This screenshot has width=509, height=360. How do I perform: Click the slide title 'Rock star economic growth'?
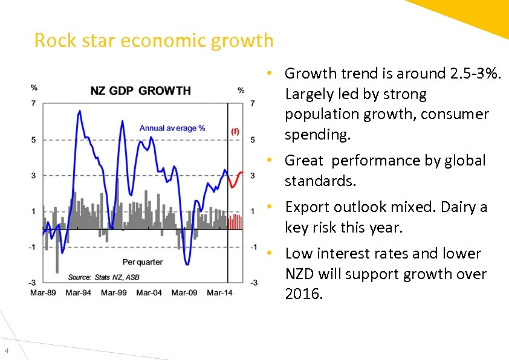[154, 40]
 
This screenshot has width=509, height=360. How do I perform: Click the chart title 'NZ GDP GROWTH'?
[140, 91]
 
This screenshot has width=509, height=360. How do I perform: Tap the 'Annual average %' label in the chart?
[172, 128]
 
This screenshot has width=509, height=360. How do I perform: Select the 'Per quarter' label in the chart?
[143, 262]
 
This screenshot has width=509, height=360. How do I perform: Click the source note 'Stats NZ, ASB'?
[121, 277]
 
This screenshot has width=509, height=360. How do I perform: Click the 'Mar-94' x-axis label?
[78, 292]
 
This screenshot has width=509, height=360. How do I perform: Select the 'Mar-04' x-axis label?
[149, 292]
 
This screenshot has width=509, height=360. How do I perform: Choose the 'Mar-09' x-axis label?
[184, 292]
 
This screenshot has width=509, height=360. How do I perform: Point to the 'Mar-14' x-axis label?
[219, 292]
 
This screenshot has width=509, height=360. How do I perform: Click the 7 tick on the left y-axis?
[33, 104]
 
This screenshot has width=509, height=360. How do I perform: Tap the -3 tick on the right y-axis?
[254, 283]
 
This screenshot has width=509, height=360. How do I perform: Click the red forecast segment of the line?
[235, 181]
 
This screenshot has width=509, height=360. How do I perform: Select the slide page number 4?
[5, 352]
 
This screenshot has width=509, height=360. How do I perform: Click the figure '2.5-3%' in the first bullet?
[476, 74]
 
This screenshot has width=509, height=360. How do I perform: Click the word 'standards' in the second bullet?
[319, 181]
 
